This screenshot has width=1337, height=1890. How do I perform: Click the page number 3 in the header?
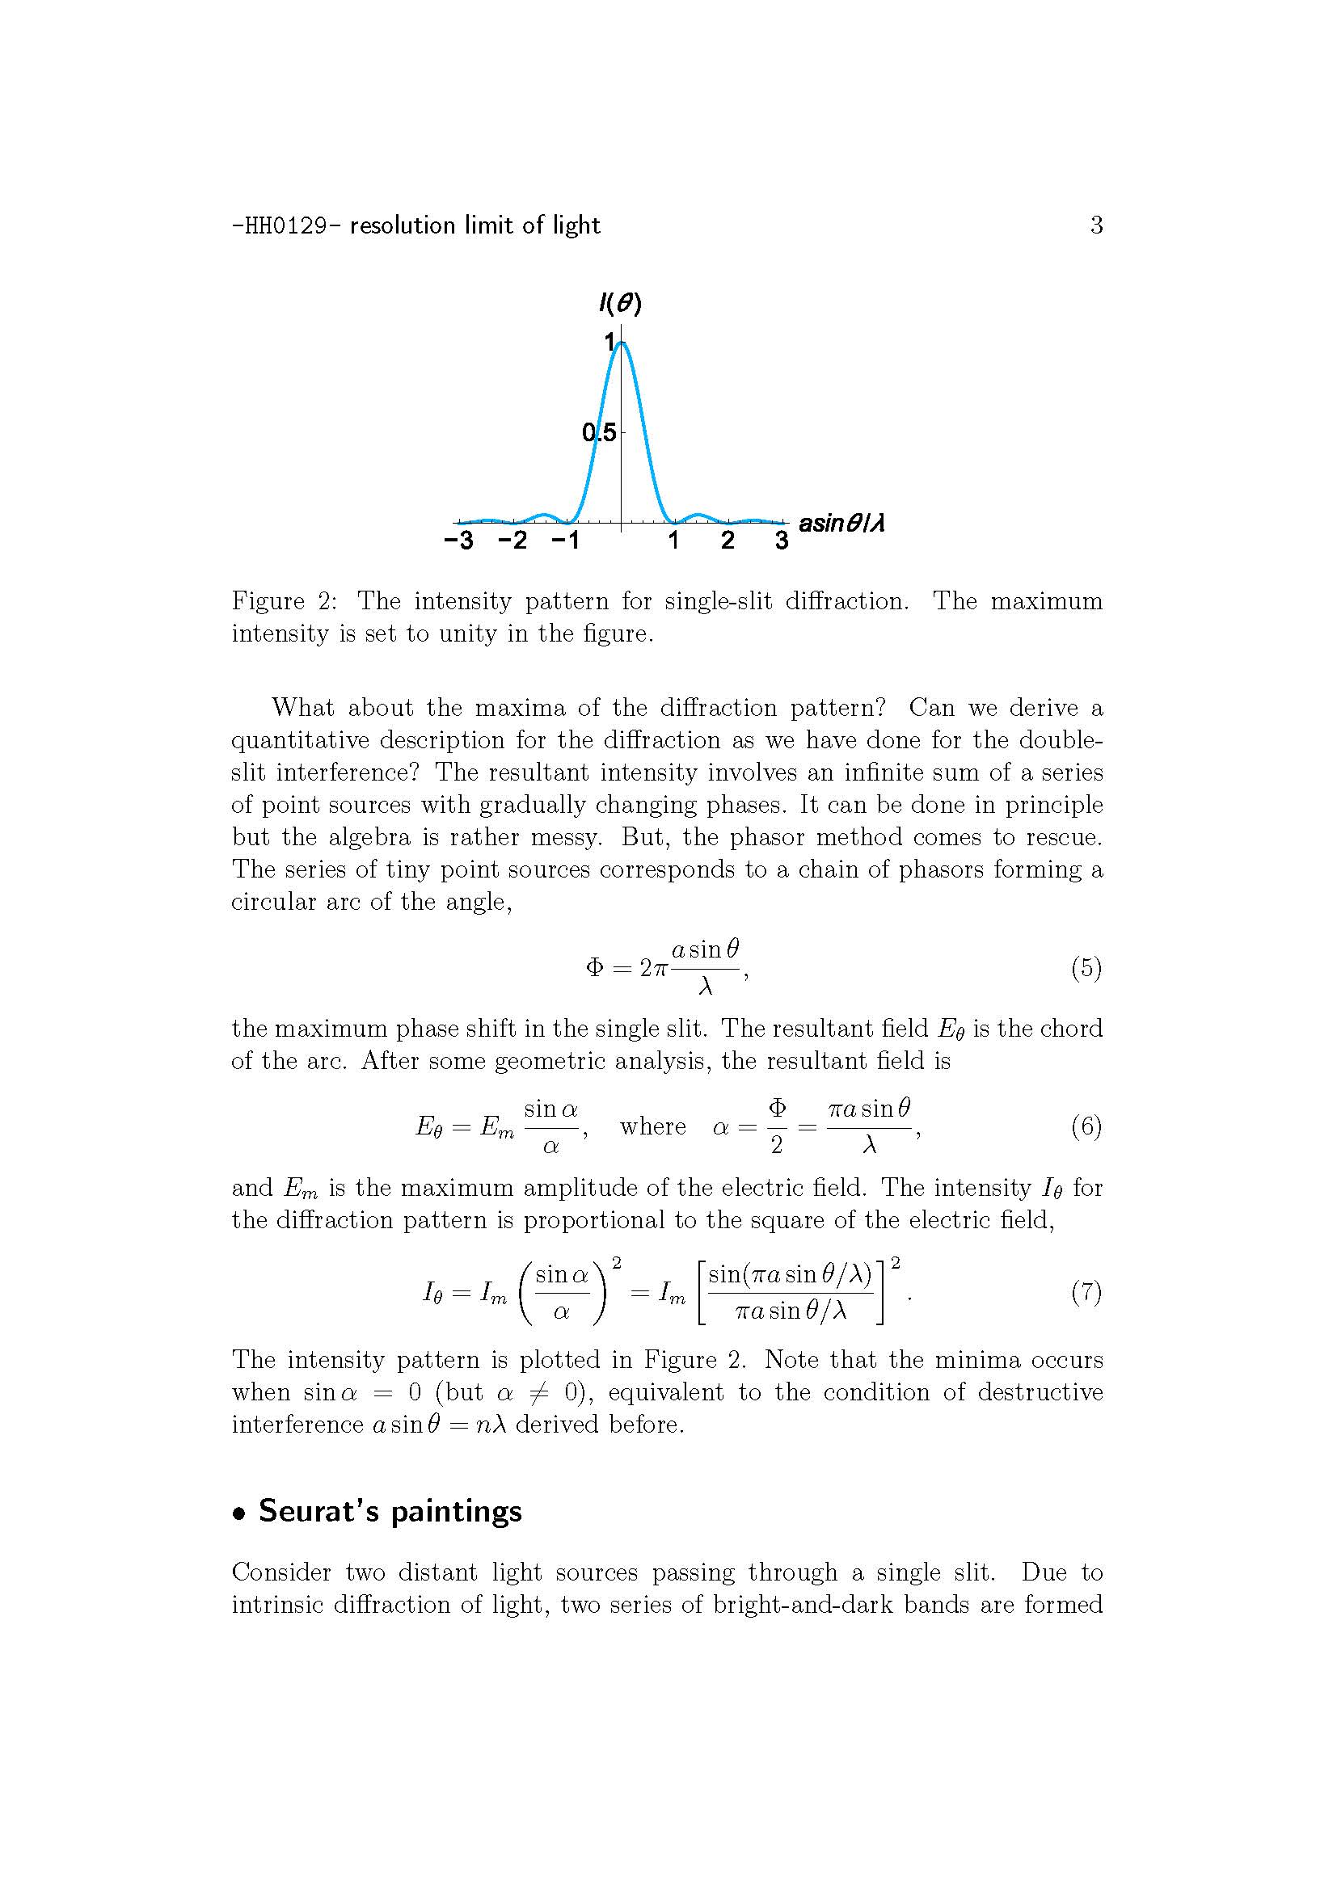coord(1096,225)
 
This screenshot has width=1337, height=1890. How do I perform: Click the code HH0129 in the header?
coord(287,225)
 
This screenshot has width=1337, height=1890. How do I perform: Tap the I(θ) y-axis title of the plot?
coord(620,304)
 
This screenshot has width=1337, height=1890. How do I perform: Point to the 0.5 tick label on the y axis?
coord(598,432)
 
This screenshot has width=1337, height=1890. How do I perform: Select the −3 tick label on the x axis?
coord(458,541)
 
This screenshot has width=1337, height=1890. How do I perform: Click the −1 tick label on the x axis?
coord(565,541)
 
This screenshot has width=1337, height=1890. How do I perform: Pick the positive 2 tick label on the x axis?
coord(728,541)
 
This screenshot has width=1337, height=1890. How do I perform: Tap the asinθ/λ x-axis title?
coord(841,523)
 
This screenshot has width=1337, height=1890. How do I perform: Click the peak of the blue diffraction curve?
coord(622,343)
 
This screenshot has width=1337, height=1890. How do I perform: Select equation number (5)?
coord(1086,967)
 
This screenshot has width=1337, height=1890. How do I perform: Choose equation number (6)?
coord(1086,1126)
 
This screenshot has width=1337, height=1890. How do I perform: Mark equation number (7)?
coord(1086,1291)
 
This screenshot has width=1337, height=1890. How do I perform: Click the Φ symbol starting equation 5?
coord(594,968)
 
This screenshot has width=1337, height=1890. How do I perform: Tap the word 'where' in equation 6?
coord(652,1126)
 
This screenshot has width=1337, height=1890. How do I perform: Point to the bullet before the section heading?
coord(239,1513)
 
